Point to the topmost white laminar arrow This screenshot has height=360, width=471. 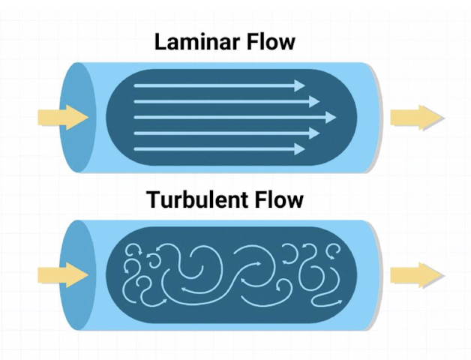[217, 85]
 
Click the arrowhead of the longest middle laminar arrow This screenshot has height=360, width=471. [329, 118]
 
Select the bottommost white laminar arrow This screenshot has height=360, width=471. [217, 149]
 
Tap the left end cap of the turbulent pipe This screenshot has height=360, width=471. [74, 274]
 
